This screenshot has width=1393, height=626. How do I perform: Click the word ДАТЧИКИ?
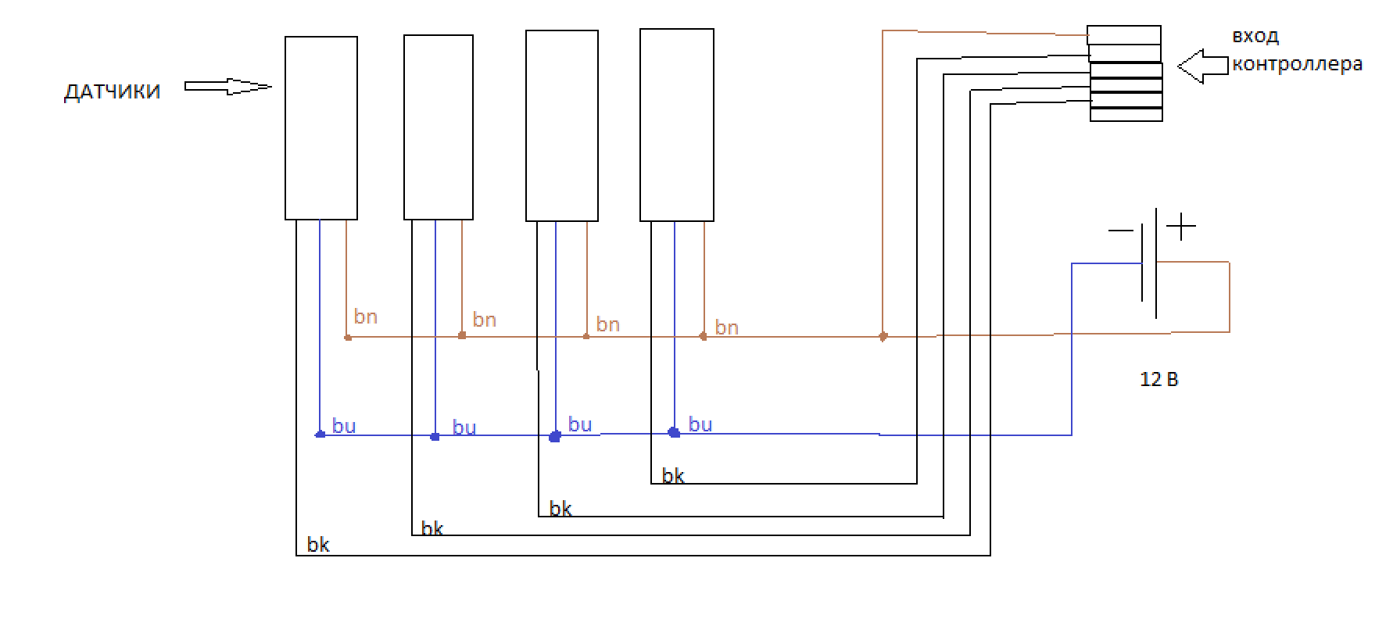coord(112,92)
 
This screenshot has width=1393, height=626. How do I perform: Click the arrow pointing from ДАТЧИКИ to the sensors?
coord(228,87)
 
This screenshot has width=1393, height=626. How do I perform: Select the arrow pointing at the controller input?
coord(1202,66)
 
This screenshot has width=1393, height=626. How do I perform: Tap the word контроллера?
coord(1297,64)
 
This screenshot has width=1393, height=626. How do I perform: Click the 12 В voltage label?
coord(1158,380)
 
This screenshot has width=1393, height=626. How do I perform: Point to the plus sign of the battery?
coord(1181,227)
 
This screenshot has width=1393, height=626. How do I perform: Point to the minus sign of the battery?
coord(1120,231)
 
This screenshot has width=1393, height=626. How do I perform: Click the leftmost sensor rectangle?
coord(321,128)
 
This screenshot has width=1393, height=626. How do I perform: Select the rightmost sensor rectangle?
coord(677,125)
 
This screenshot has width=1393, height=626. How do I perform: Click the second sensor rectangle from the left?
coord(439,127)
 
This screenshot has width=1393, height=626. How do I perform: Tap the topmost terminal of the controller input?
coord(1124,35)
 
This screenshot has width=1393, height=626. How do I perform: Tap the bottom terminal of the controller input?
coord(1126,115)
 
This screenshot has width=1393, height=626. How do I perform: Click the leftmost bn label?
coord(366,317)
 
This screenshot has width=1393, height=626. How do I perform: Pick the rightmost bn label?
coord(727,327)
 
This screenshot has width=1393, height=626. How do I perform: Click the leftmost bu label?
coord(344,426)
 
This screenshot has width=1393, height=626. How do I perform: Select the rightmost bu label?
coord(700,424)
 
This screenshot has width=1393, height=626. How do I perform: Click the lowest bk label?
coord(318,545)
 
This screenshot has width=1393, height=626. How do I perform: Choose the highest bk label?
coord(673,476)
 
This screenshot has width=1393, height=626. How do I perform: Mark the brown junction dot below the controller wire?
coord(883,337)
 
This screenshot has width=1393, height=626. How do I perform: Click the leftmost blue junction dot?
coord(320,434)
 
